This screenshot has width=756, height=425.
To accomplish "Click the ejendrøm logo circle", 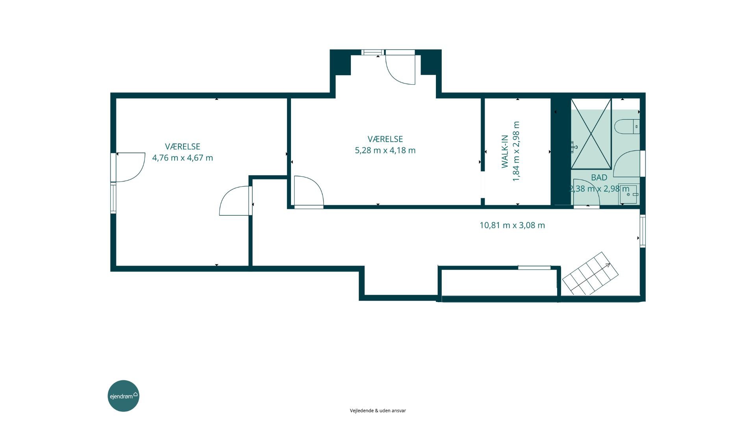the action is pyautogui.click(x=124, y=396).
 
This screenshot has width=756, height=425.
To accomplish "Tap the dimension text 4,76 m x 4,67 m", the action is pyautogui.click(x=183, y=158).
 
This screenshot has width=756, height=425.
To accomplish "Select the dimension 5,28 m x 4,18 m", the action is pyautogui.click(x=385, y=150).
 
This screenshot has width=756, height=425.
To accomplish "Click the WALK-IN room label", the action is pyautogui.click(x=505, y=152).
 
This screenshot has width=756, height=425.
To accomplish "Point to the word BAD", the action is pyautogui.click(x=599, y=177).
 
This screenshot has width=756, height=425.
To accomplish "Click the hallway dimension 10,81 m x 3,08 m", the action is pyautogui.click(x=512, y=225).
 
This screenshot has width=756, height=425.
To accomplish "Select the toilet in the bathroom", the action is pyautogui.click(x=626, y=127).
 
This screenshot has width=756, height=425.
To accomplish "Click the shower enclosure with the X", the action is pyautogui.click(x=591, y=134).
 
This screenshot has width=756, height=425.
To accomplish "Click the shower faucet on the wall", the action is pyautogui.click(x=574, y=147).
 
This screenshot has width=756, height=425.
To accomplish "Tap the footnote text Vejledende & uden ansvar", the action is pyautogui.click(x=378, y=410).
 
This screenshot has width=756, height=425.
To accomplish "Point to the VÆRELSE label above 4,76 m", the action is pyautogui.click(x=183, y=146).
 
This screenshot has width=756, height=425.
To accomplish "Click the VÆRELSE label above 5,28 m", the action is pyautogui.click(x=385, y=139).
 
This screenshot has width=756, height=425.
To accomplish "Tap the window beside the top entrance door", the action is pyautogui.click(x=373, y=52).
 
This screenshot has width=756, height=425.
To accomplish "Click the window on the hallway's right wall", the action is pyautogui.click(x=643, y=231).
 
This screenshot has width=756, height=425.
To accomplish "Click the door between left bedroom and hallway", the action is pyautogui.click(x=235, y=201).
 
